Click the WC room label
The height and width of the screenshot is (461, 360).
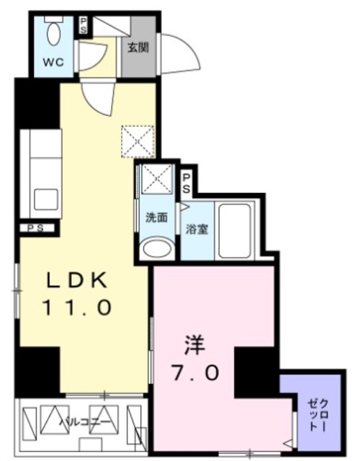click(54, 62)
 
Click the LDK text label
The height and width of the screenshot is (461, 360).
click(77, 279)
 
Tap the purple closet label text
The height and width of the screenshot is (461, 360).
click(315, 414)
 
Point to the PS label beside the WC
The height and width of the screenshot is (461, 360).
click(84, 25)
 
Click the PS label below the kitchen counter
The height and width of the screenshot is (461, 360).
click(34, 228)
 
